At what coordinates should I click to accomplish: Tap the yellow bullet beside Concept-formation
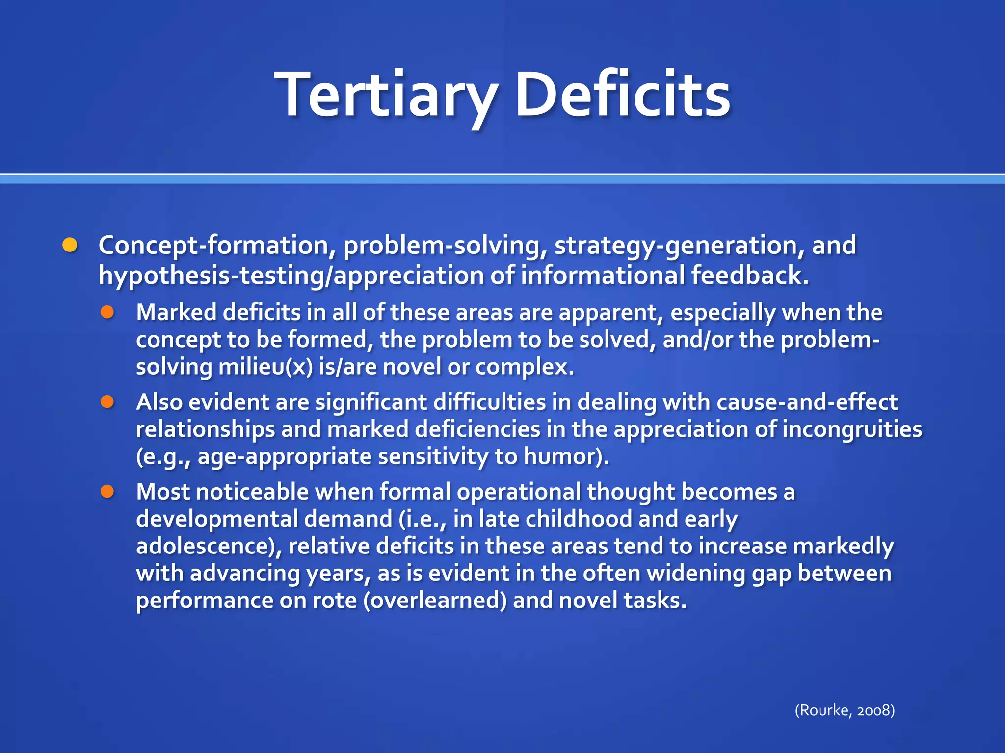coord(70,245)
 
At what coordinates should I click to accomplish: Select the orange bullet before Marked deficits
coord(107,312)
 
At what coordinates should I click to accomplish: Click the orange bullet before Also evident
coord(107,402)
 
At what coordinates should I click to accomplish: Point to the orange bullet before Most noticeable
coord(107,491)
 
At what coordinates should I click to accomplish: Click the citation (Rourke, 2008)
coord(845,710)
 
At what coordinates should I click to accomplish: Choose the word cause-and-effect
coord(807,402)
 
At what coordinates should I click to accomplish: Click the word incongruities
coord(852,429)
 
